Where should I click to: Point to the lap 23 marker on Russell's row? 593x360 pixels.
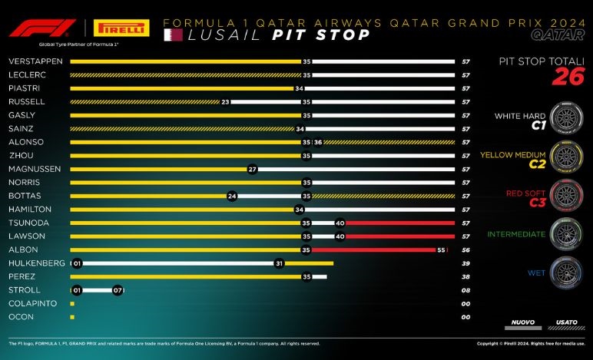coord(226,101)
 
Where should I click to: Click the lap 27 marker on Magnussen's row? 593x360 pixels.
coord(252,169)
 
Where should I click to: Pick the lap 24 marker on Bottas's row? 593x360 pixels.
coord(232,196)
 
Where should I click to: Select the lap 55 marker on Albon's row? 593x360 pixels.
coord(441,249)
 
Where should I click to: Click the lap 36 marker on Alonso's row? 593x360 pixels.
coord(318,142)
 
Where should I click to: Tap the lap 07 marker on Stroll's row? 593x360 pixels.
coord(118,290)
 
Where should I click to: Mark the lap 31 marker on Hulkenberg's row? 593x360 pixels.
coord(280,263)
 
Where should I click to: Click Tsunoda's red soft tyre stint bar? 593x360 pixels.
coord(399,223)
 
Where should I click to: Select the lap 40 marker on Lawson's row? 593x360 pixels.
coord(340,236)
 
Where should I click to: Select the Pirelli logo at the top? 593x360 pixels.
coord(121,28)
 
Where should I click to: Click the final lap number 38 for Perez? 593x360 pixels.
coord(465,276)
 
